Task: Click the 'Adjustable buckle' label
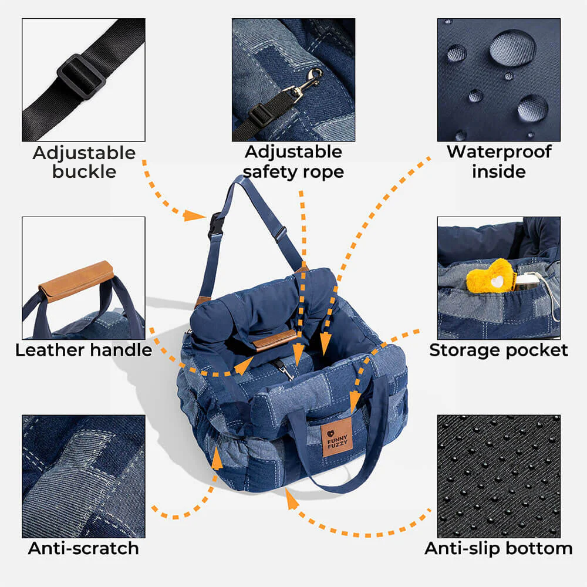click(84, 162)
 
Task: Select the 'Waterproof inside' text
click(498, 161)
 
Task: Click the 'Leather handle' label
click(83, 350)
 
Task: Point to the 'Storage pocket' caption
click(498, 350)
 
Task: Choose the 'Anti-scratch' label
click(83, 548)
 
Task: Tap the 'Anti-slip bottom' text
click(498, 548)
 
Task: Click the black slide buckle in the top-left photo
click(81, 77)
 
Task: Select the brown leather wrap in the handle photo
click(76, 281)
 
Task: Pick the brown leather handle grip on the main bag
click(274, 340)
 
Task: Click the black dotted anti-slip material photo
click(498, 476)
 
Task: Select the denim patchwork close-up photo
click(83, 476)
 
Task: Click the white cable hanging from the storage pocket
click(552, 293)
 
